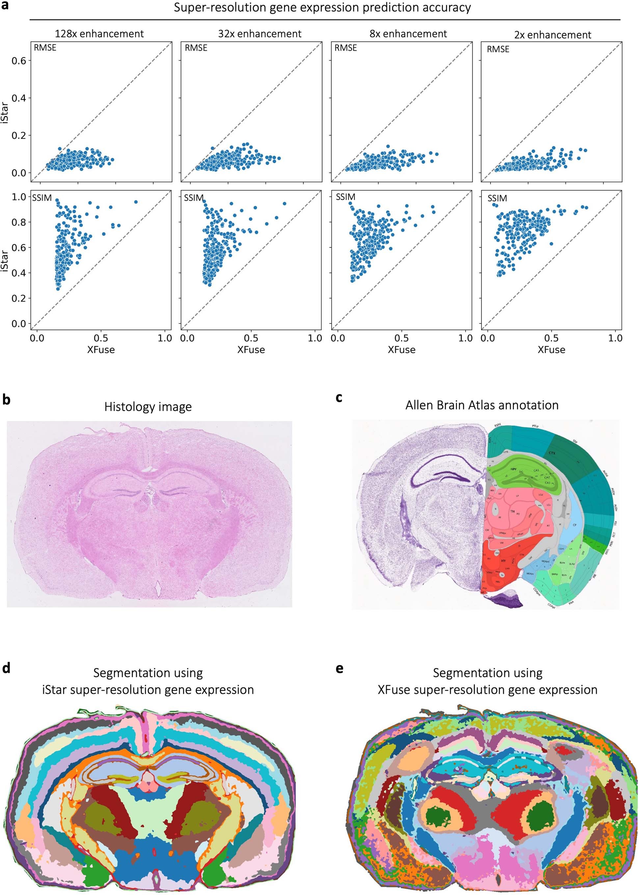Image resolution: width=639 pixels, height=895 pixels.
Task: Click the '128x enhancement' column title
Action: tap(99, 34)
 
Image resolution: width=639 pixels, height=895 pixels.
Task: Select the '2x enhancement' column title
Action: tap(552, 35)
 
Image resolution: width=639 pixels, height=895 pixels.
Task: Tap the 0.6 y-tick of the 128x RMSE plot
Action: tap(18, 61)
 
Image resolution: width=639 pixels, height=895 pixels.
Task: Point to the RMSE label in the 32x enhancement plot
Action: tap(196, 48)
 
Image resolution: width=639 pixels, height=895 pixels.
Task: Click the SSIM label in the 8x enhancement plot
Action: tap(345, 197)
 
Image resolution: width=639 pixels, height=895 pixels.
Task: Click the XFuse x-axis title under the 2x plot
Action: tap(551, 350)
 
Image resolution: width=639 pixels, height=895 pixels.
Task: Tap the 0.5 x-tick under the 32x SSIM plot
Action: tap(251, 338)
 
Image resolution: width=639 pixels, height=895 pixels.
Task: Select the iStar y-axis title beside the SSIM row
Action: tap(5, 260)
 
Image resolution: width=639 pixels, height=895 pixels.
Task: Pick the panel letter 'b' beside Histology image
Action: tap(6, 400)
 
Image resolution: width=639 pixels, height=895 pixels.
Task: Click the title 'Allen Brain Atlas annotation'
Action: tap(482, 405)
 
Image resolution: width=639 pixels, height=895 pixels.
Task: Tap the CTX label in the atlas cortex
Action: tap(552, 453)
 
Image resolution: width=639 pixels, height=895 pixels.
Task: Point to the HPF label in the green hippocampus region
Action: tap(514, 469)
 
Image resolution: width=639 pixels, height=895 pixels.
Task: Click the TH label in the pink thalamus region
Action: tap(512, 512)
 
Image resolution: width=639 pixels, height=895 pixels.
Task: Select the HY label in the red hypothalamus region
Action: tap(503, 560)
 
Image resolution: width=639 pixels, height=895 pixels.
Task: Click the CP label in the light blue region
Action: tap(574, 525)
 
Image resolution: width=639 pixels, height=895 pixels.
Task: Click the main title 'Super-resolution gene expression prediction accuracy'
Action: tap(322, 8)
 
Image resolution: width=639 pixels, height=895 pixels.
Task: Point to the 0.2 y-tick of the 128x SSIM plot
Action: tap(18, 298)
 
